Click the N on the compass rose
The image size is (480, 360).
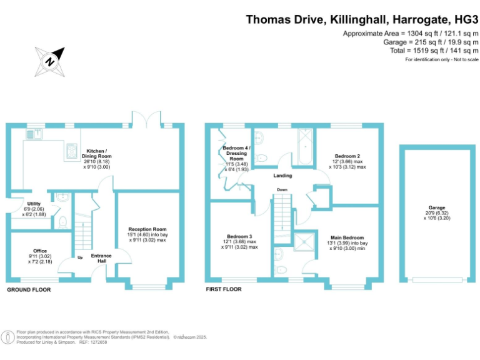49,62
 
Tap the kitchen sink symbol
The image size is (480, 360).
34,134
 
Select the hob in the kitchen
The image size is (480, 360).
72,151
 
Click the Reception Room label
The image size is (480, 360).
147,229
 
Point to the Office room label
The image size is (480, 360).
40,251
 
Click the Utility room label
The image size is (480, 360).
34,204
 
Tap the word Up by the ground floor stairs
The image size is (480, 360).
80,257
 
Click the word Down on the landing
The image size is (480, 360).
282,189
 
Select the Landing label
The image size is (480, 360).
282,176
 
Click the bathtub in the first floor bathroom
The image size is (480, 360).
305,147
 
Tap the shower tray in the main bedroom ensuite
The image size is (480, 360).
304,242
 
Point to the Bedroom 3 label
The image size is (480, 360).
239,236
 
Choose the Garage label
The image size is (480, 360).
437,207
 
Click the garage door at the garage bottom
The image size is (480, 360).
437,279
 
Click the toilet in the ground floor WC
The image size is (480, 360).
62,222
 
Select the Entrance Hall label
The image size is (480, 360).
101,258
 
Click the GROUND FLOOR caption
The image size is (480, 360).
29,289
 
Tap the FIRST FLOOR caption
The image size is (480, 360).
224,289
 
